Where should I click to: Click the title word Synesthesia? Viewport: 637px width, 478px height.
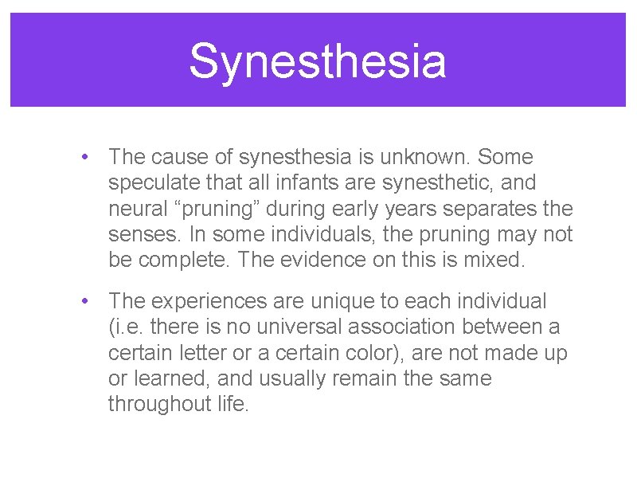point(318,61)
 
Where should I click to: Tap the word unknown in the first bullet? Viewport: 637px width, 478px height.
point(438,157)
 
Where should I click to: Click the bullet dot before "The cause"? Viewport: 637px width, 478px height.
point(84,158)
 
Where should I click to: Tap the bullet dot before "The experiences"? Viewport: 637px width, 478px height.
point(84,302)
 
